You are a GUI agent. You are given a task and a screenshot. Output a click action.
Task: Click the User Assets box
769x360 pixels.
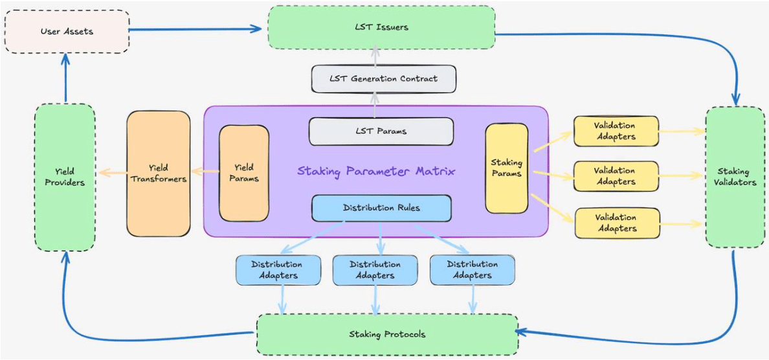67,32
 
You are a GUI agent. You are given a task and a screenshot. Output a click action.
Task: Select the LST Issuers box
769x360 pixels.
381,28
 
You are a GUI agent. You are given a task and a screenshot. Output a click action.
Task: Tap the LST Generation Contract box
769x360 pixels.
383,78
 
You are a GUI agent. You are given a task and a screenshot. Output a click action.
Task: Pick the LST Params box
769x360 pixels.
381,131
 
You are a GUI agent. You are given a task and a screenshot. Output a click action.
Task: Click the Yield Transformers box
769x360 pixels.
159,174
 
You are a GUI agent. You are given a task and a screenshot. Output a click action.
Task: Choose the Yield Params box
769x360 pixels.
244,174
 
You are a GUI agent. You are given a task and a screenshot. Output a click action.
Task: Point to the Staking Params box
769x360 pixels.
507,168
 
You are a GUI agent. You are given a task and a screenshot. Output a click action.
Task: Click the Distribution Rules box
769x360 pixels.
381,207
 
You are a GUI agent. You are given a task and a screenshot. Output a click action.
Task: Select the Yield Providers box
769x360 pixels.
65,177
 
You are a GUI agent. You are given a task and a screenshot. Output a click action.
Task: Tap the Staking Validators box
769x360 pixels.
733,177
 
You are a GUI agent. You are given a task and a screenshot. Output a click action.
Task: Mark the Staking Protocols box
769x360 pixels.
388,335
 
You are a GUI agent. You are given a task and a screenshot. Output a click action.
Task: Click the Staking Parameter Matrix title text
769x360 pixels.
377,172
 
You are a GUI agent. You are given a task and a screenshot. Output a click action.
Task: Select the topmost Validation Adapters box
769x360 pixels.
616,131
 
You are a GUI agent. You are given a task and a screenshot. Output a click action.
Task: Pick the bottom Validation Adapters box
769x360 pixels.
616,223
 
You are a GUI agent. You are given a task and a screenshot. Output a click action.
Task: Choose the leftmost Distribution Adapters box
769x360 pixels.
278,270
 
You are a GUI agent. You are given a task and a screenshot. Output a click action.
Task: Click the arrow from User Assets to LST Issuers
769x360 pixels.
195,29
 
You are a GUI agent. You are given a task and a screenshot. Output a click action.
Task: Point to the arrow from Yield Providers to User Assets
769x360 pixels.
65,78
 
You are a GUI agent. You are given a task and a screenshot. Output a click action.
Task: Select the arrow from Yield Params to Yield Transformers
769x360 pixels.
205,172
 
